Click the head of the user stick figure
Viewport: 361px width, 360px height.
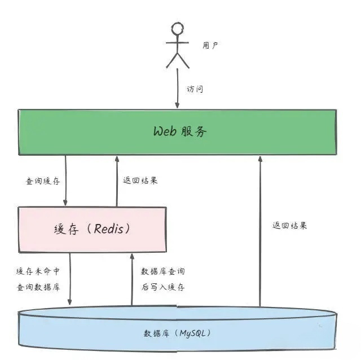[x=178, y=30]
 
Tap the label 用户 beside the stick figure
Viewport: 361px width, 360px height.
[x=210, y=46]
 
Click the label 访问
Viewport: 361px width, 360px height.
[x=195, y=89]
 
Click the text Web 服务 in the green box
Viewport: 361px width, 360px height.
[x=180, y=132]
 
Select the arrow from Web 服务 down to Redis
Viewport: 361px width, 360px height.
[x=67, y=181]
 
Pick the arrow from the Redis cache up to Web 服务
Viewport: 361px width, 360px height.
[x=117, y=181]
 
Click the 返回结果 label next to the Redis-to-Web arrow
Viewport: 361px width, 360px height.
[x=140, y=181]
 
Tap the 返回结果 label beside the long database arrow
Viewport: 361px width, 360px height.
[x=290, y=225]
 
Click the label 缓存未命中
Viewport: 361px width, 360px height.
[x=38, y=271]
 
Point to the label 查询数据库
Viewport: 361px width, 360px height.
[x=38, y=287]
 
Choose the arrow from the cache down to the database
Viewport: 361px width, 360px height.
[x=71, y=279]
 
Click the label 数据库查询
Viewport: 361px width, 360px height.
[x=162, y=271]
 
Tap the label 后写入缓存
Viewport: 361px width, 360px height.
[x=162, y=287]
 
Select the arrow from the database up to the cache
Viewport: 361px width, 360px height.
[x=132, y=279]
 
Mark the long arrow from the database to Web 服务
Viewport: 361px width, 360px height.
[x=260, y=231]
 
